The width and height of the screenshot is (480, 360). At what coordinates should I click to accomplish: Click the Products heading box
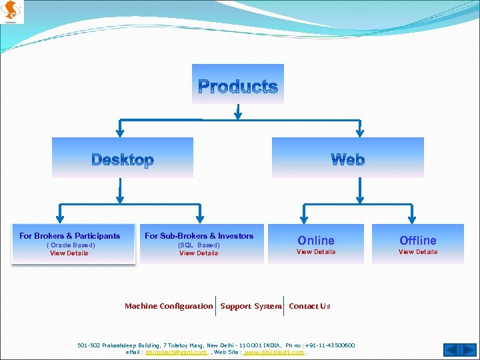238,85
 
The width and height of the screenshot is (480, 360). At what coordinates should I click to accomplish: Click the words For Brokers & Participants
70,236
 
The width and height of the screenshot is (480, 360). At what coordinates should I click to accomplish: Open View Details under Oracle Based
69,253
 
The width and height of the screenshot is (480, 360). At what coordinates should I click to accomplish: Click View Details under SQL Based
199,253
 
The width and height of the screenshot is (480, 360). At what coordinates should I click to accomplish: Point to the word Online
316,240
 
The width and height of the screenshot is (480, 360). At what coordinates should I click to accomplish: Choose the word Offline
418,240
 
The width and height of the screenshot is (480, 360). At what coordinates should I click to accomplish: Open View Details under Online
316,252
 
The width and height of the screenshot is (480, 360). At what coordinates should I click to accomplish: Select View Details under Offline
418,252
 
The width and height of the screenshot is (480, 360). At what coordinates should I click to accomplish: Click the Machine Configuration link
169,306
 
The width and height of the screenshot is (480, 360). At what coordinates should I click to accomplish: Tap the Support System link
251,306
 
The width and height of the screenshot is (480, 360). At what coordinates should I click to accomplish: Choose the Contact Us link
309,306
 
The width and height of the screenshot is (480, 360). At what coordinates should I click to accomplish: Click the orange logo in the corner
13,11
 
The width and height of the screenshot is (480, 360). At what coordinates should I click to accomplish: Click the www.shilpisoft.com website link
274,352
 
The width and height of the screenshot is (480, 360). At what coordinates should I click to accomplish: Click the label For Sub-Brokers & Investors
199,236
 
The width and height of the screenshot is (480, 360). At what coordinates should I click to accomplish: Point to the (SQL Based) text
199,245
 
